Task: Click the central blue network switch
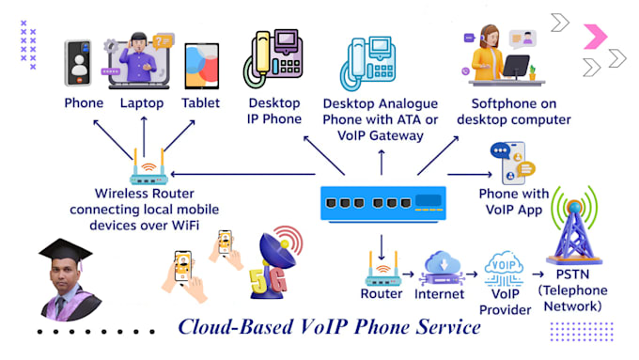click(381, 201)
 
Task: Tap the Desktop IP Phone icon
click(273, 59)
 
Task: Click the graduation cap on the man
click(61, 253)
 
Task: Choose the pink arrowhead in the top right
click(595, 37)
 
